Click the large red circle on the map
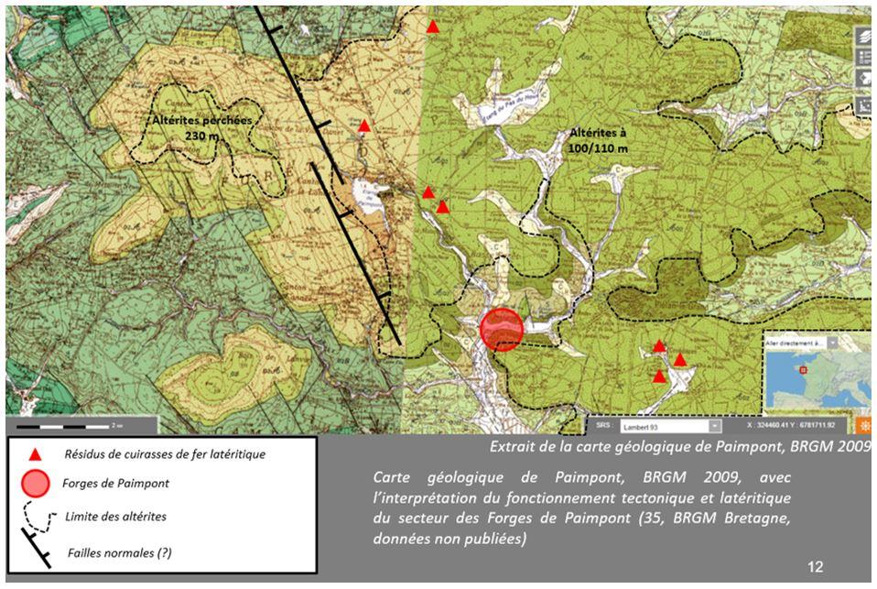[x=501, y=329]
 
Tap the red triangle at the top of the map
[x=433, y=27]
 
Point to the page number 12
[x=815, y=568]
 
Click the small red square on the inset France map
[x=803, y=370]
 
